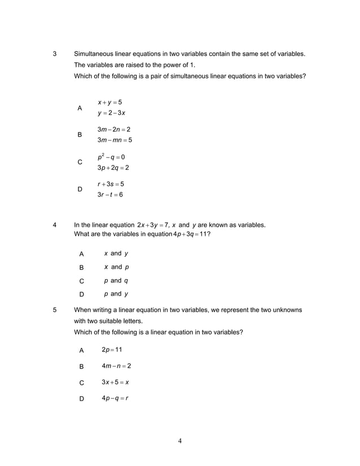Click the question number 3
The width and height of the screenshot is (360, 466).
(55, 54)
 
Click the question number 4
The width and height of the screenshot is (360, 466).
(55, 225)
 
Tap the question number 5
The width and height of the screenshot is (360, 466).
(55, 310)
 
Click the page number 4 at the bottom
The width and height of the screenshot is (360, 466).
(179, 441)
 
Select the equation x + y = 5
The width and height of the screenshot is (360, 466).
(109, 102)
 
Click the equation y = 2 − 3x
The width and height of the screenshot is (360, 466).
(111, 113)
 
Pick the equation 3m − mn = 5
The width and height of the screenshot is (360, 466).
(115, 140)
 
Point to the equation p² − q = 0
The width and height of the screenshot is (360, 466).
(111, 156)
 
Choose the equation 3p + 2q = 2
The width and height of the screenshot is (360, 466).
(113, 168)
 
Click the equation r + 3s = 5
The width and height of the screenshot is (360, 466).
(111, 184)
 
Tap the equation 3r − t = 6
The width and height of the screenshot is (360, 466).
(110, 195)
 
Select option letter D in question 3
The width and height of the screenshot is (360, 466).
(80, 190)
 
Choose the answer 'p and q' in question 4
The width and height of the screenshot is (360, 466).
(116, 280)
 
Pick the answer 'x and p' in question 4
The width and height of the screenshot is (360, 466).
(116, 267)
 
